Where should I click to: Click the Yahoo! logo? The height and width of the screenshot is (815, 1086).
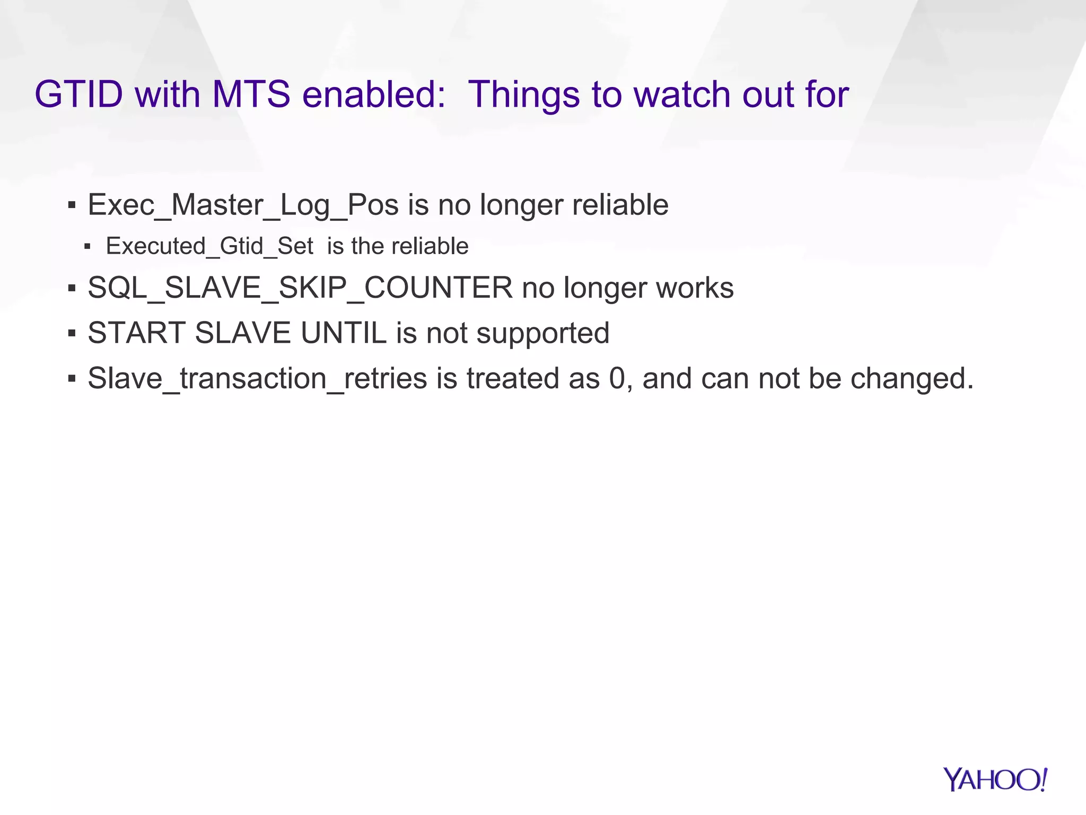995,779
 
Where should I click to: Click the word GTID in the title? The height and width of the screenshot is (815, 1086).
79,94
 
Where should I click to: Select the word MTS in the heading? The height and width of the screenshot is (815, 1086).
251,94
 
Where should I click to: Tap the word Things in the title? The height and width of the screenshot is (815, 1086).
524,94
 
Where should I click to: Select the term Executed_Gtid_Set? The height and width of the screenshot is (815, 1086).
209,246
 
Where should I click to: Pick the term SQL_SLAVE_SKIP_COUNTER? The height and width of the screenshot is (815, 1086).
300,288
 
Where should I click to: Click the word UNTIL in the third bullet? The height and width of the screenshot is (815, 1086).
344,333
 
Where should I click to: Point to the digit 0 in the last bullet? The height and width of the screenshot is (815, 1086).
617,378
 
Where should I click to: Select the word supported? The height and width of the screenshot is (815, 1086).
542,333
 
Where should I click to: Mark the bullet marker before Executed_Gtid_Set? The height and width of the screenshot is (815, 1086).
87,247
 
